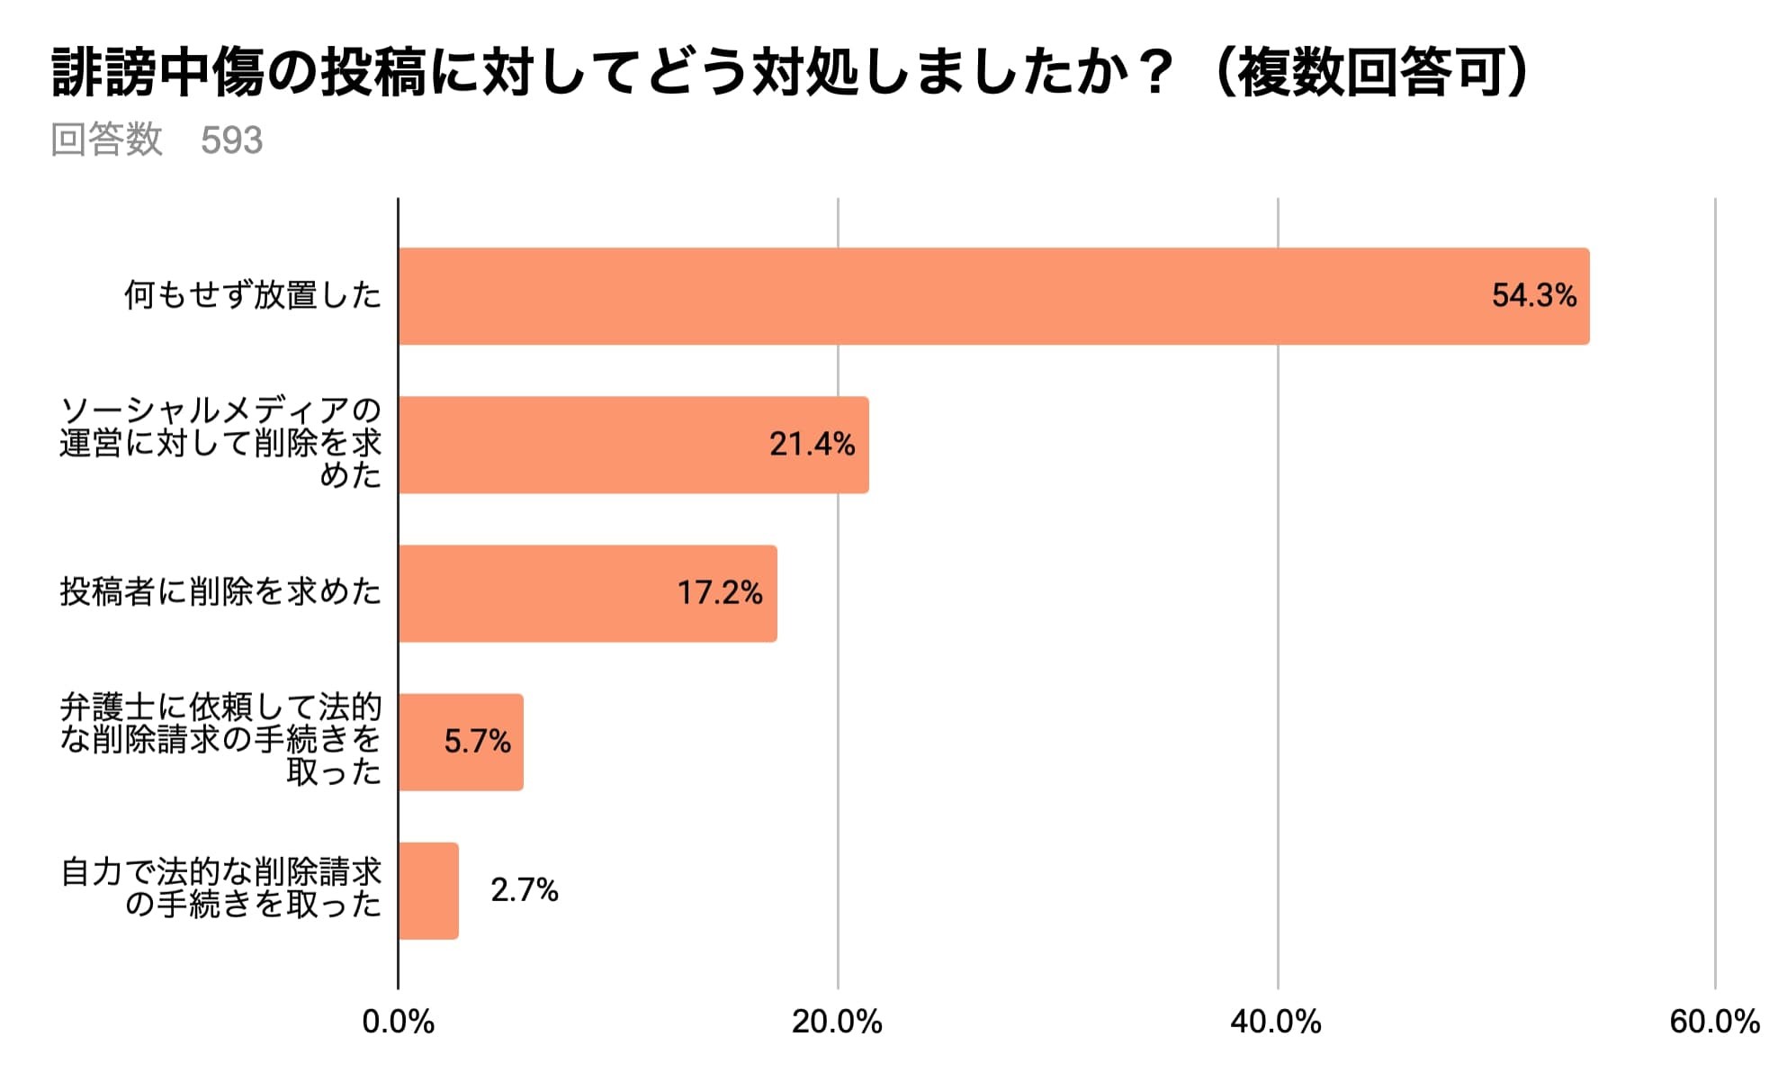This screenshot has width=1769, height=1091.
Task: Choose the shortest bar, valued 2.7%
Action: click(428, 891)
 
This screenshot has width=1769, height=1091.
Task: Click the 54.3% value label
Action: click(1533, 296)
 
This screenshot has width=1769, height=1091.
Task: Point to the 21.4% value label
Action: click(812, 445)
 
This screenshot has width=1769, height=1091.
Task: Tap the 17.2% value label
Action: click(719, 593)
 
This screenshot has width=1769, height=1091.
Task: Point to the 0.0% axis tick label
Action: click(398, 1022)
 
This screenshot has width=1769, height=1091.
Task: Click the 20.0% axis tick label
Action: click(837, 1022)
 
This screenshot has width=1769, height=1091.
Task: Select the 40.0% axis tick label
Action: click(1275, 1022)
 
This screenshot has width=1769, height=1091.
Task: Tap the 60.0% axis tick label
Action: click(1713, 1022)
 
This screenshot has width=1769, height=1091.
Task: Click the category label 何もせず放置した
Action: click(253, 295)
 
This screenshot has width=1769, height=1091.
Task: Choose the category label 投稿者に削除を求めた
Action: click(220, 592)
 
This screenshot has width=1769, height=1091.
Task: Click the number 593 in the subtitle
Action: click(231, 140)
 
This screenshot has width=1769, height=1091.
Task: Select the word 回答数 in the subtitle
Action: click(106, 140)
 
